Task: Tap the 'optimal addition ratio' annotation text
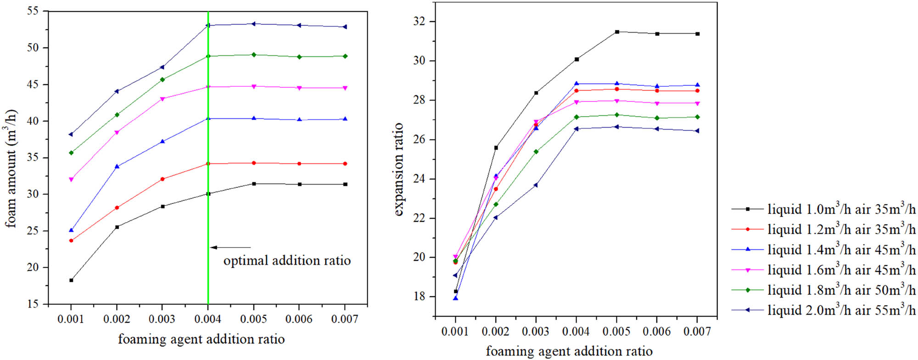tap(287, 261)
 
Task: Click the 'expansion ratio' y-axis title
tap(398, 169)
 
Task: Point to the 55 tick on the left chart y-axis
tap(34, 11)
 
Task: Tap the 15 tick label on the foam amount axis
tap(34, 304)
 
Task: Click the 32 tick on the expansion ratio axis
tap(419, 22)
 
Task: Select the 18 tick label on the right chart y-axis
tap(419, 297)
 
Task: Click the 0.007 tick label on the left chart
tap(345, 319)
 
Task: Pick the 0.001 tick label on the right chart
tap(455, 332)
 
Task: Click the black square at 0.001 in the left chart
tap(71, 280)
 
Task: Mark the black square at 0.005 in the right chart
tap(617, 32)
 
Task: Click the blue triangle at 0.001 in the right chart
tap(455, 298)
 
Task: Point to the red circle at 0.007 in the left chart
tap(345, 163)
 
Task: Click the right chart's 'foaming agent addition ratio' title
tap(569, 351)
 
